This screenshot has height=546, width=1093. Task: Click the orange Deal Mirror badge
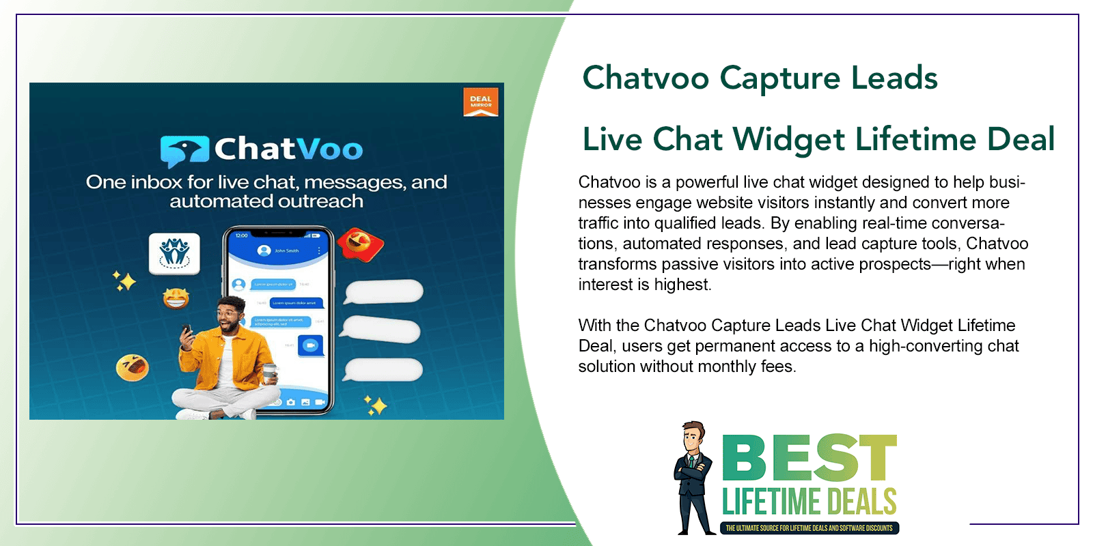point(480,102)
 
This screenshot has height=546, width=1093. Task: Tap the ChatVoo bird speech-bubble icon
point(184,151)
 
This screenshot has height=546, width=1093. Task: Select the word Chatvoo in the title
point(646,78)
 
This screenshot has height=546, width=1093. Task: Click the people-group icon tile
point(174,253)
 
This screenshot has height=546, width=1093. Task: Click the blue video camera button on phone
point(311,345)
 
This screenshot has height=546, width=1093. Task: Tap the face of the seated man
point(230,316)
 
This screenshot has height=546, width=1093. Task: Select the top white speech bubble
point(384,291)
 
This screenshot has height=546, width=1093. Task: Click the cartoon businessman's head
point(694,437)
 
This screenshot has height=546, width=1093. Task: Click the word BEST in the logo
point(809,458)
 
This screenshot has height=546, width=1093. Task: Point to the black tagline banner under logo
point(809,528)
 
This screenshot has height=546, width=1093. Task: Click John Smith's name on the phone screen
point(287,250)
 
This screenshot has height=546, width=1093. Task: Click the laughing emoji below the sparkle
point(176,298)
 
